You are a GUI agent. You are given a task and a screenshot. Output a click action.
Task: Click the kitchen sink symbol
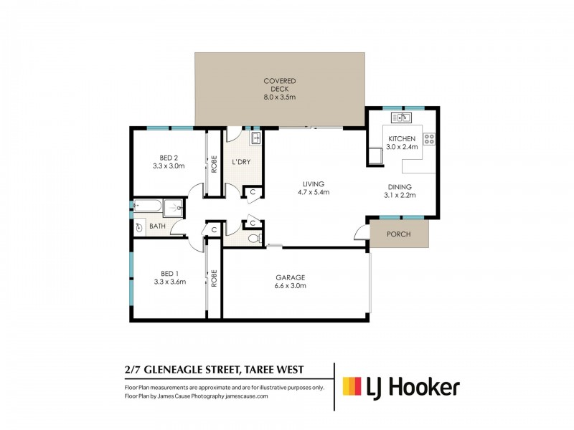(400, 118)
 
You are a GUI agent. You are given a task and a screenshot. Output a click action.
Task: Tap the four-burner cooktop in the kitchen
(430, 139)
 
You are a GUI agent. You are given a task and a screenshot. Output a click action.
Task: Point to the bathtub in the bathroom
(147, 208)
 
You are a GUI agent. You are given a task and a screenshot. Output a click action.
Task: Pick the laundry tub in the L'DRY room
(253, 138)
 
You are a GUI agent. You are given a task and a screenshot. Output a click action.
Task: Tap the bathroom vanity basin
(139, 227)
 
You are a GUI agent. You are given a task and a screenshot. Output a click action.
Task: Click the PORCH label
(398, 234)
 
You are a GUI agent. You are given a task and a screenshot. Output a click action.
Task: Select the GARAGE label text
(291, 277)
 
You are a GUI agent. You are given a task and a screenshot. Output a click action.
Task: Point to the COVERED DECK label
(279, 85)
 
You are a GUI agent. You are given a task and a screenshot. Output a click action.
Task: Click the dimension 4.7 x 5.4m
(314, 192)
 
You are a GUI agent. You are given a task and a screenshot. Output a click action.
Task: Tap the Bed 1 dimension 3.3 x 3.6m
(169, 282)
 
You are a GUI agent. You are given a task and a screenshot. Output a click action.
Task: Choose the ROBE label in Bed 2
(214, 164)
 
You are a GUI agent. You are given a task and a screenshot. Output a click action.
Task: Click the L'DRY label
(241, 162)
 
